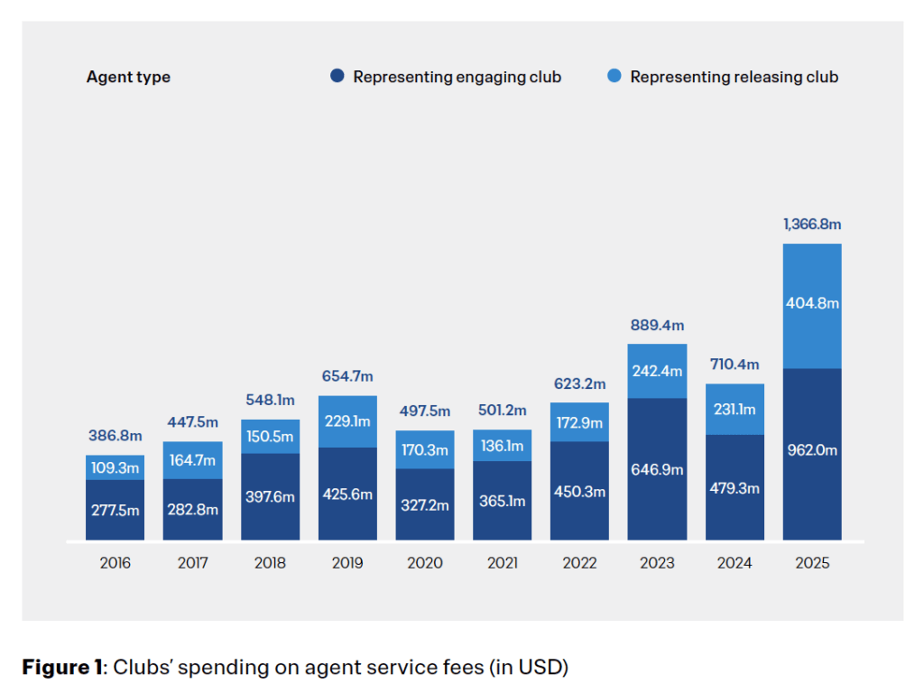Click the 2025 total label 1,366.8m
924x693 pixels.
click(812, 224)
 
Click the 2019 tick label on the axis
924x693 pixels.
click(347, 563)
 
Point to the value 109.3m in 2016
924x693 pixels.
click(115, 468)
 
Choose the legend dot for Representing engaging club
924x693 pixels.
click(337, 77)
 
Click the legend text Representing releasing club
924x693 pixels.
click(734, 77)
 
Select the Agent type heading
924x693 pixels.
click(128, 77)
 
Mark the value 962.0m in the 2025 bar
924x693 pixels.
click(812, 450)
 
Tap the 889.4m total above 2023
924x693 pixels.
click(657, 325)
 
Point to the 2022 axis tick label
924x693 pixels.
click(579, 563)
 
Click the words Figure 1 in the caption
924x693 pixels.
click(61, 668)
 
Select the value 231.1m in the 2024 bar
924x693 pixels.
click(735, 409)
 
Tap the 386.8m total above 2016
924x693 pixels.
click(115, 436)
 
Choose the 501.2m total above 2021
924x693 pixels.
click(503, 411)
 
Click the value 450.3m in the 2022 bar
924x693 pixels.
click(579, 492)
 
